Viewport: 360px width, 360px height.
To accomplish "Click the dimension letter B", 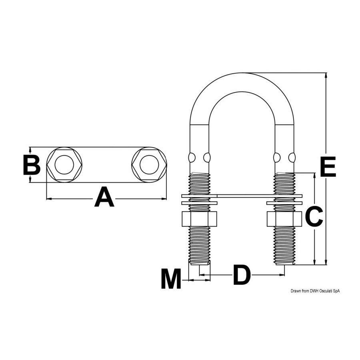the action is pos(32,165).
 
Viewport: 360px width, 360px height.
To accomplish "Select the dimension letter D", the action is pos(242,274).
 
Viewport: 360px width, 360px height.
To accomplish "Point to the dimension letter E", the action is pos(328,167).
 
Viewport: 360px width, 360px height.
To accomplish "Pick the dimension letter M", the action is pos(171,278).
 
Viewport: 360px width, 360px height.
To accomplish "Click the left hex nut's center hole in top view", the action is pos(64,165).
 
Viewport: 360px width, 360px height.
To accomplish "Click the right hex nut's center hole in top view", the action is pos(149,165).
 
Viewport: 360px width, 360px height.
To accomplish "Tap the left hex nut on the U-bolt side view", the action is pos(199,219).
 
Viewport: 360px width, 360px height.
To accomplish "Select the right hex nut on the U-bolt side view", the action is pos(284,219).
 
